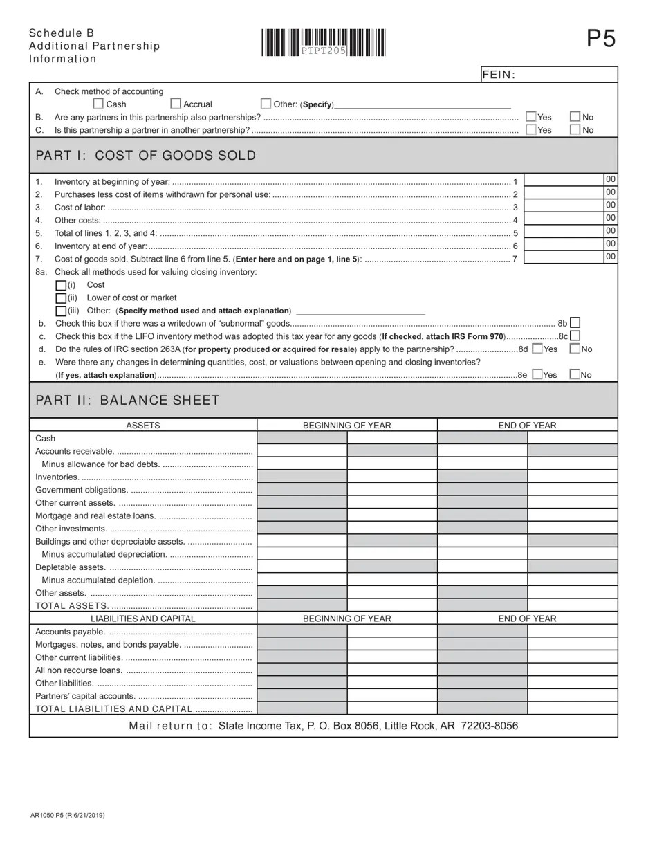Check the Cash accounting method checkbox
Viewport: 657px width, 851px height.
(x=98, y=104)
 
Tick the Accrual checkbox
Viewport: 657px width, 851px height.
(x=176, y=104)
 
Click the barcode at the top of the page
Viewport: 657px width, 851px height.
(x=323, y=43)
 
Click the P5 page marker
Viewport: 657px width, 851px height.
(x=600, y=39)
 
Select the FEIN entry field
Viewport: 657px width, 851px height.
(x=566, y=75)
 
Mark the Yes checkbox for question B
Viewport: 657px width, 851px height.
(x=531, y=117)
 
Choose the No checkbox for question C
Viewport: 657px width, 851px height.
(x=575, y=129)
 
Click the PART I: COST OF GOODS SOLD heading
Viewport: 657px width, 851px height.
(x=145, y=156)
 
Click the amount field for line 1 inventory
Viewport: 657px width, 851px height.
(x=564, y=181)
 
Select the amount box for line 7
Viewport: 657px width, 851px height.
(x=564, y=257)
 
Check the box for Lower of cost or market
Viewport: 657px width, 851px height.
(x=61, y=298)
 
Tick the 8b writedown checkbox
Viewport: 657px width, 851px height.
(x=575, y=323)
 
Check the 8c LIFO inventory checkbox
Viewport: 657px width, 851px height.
(x=575, y=336)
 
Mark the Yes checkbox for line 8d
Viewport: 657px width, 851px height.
(x=537, y=349)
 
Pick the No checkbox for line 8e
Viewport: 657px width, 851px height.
(x=575, y=374)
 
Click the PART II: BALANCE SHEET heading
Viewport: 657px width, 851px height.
(x=127, y=401)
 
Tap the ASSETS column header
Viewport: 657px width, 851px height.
(x=143, y=425)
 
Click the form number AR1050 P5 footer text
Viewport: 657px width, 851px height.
(x=68, y=816)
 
